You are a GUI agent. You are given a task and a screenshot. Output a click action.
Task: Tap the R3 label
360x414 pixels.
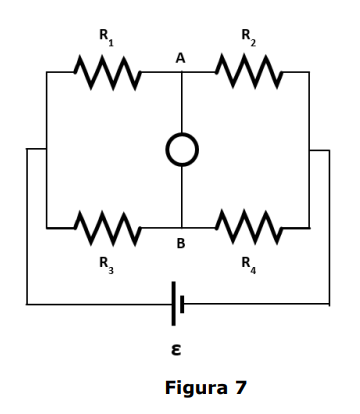(x=107, y=265)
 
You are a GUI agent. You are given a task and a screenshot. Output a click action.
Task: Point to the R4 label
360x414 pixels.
(x=249, y=265)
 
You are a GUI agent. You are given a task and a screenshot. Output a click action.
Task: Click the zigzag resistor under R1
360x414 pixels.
(x=108, y=72)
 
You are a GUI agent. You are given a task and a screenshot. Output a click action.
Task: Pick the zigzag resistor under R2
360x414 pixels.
(x=249, y=72)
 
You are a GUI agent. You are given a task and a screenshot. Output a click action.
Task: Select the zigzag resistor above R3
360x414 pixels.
(x=108, y=228)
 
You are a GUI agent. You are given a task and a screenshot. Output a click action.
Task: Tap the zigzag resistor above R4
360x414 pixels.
(x=249, y=227)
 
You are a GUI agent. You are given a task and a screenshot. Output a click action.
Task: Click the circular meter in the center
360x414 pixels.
(x=182, y=134)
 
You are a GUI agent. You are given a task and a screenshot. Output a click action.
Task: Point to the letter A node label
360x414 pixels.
(x=180, y=58)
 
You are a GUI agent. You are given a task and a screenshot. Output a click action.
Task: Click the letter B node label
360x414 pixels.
(x=181, y=244)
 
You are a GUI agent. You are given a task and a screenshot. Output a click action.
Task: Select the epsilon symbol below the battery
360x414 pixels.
(x=176, y=350)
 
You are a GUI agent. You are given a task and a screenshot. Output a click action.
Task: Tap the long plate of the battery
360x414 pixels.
(x=173, y=304)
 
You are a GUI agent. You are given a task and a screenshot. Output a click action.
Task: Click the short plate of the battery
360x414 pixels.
(x=182, y=304)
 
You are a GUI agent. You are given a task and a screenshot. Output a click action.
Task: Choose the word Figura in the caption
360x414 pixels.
(x=196, y=388)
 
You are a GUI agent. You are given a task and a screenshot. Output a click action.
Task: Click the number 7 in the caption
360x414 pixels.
(x=240, y=388)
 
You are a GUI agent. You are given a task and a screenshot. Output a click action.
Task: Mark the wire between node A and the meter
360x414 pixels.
(x=182, y=102)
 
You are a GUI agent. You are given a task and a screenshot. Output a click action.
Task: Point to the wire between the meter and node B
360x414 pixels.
(x=182, y=197)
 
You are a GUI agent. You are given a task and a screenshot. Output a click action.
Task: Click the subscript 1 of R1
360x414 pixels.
(x=111, y=43)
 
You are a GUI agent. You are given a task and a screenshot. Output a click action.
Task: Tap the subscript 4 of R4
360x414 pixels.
(x=253, y=270)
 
